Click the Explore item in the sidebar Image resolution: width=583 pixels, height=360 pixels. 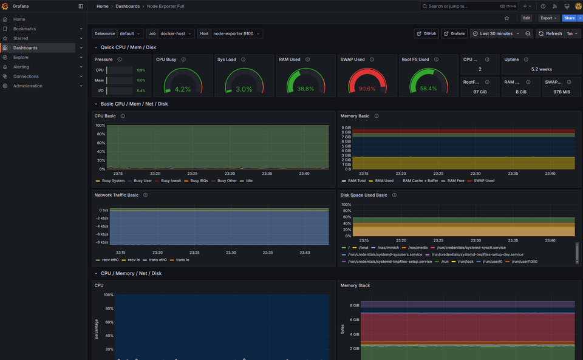coord(21,57)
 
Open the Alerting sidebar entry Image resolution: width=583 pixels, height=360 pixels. coord(21,67)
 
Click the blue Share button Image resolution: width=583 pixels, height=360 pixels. coord(568,18)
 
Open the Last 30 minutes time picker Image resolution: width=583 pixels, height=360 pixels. coord(496,33)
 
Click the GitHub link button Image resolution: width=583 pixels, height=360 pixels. coord(426,33)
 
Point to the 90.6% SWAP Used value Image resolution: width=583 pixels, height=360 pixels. coord(367,89)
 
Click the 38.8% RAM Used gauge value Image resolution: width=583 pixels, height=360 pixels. coord(305,89)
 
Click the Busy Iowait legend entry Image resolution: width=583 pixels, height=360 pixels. coord(172,181)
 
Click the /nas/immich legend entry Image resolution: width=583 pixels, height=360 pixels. coord(388,248)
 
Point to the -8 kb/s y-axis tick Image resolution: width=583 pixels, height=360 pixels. coord(101,242)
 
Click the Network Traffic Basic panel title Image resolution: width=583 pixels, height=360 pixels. coord(117,195)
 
